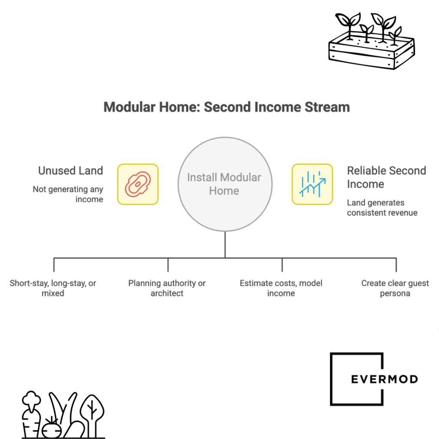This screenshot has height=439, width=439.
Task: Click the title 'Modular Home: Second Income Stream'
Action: coord(226,107)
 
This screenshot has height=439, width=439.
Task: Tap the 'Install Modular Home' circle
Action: coord(225,184)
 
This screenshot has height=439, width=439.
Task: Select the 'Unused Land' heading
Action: coord(70,171)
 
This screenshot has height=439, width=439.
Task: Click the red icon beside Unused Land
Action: coord(138,184)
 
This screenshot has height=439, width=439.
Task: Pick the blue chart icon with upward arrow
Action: coord(312,184)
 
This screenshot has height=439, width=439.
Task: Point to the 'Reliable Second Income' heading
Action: coord(386,177)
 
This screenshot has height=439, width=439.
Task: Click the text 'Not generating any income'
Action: coord(68,194)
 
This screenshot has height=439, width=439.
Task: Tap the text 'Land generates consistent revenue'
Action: coord(382,207)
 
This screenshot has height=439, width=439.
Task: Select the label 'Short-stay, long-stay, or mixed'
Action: coord(53,288)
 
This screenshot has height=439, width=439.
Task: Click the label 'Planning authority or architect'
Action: coord(167,288)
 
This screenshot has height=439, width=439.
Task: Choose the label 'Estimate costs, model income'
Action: coord(281,288)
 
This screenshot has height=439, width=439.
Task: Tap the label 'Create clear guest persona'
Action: coord(395,288)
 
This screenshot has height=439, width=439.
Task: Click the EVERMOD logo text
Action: coord(384,379)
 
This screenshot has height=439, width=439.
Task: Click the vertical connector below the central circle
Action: coord(225,244)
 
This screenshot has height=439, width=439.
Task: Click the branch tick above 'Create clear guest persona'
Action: coord(396,265)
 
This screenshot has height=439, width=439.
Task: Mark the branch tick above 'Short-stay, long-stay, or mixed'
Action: coord(54,265)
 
